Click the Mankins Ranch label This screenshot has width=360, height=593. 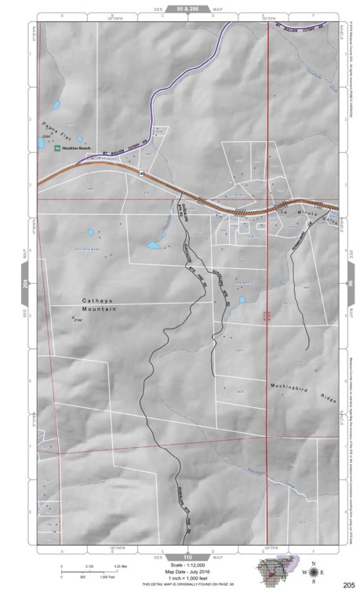(x=82, y=147)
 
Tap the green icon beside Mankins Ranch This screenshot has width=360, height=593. (x=58, y=147)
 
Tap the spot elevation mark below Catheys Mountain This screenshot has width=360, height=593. (x=74, y=318)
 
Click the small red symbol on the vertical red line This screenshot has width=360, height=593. (x=267, y=314)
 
